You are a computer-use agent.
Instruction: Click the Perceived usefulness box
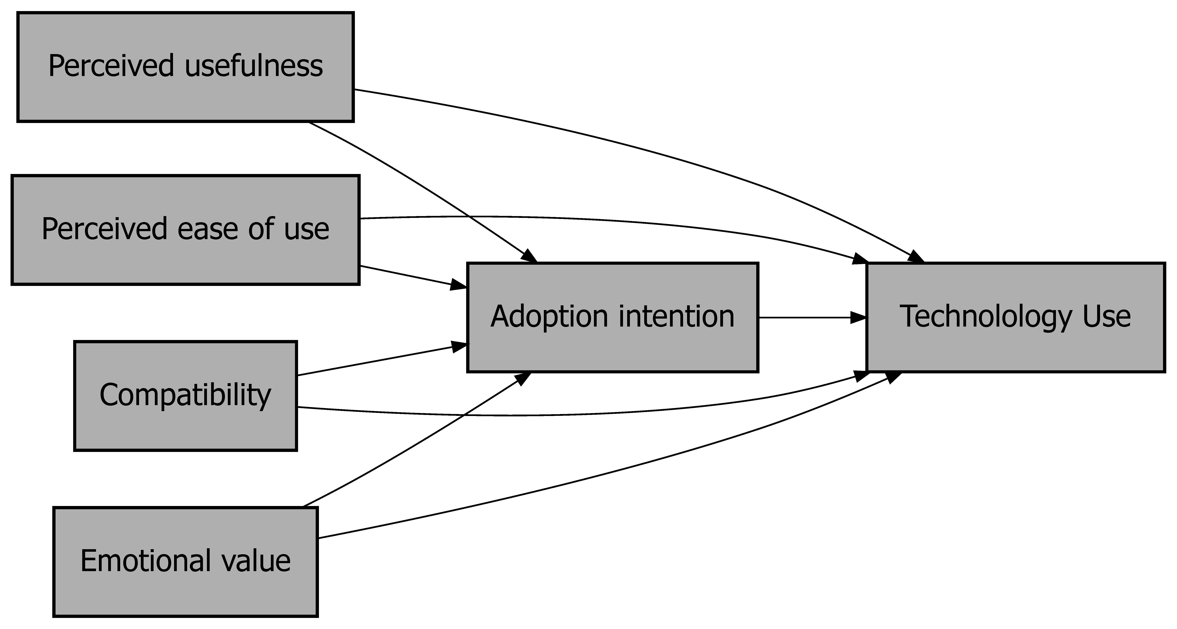coord(185,67)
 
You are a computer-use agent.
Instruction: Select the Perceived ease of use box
coord(185,230)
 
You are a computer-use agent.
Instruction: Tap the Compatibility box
coord(185,396)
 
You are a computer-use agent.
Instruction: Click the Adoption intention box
coord(612,317)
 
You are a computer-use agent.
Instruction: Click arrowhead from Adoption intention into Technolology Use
coord(859,317)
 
